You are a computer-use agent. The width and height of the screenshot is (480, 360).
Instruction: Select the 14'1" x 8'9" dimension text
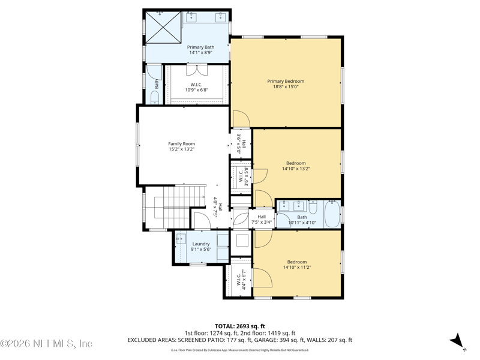[200, 53]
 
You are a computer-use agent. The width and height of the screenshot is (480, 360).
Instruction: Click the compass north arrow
[458, 341]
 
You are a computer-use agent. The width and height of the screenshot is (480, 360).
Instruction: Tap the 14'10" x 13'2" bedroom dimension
[296, 169]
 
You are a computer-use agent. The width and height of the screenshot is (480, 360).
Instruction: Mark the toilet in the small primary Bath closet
[155, 99]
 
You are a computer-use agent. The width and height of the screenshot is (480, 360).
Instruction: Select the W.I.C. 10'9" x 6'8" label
[197, 87]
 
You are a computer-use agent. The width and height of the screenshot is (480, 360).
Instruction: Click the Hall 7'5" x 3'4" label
[262, 219]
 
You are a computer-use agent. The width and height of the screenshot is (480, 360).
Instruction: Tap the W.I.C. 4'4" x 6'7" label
[241, 279]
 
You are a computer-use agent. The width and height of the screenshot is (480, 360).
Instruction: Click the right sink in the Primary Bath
[220, 16]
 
